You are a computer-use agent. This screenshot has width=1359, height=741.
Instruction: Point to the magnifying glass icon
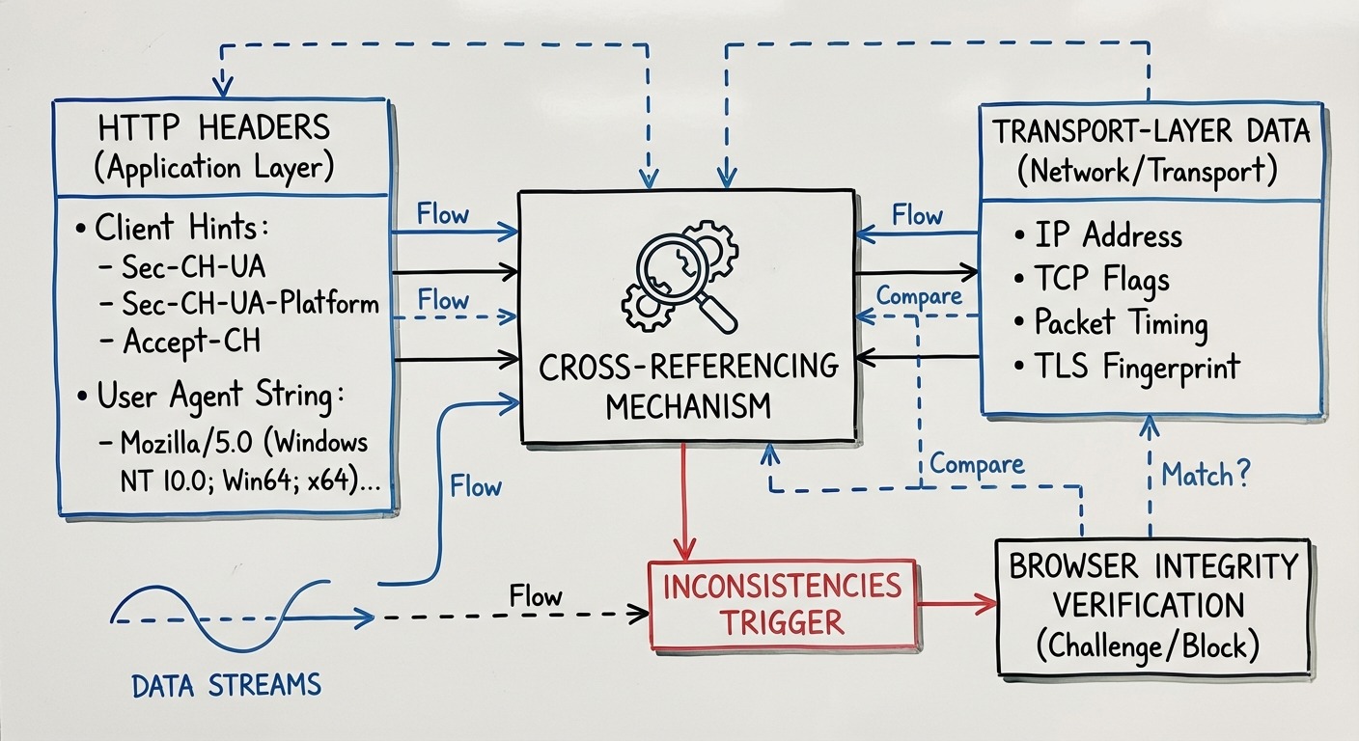click(681, 275)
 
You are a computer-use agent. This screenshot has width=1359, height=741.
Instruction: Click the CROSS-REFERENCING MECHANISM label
click(688, 386)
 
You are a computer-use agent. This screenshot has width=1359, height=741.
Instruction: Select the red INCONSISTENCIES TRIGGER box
click(783, 603)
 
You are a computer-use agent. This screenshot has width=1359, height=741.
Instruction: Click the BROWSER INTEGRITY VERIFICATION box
click(1153, 606)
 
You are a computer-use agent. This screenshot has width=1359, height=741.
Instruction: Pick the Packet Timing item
click(1120, 322)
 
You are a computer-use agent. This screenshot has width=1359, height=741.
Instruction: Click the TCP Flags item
click(1101, 279)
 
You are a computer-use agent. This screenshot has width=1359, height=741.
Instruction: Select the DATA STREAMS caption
click(226, 686)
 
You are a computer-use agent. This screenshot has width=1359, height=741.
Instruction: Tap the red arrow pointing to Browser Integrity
click(956, 604)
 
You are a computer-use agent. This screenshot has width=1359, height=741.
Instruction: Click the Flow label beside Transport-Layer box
click(916, 215)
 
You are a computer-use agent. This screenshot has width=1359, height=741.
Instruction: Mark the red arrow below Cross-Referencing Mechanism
click(684, 502)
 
